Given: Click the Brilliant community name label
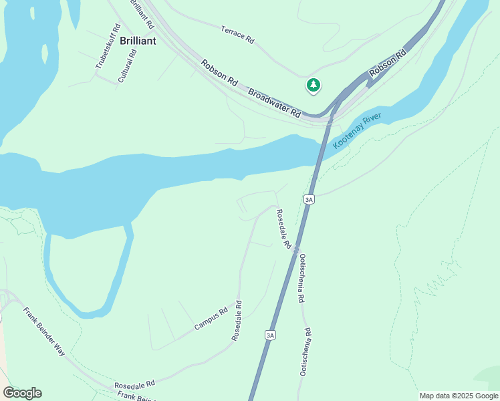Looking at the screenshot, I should pyautogui.click(x=138, y=41).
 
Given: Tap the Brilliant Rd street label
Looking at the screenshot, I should pyautogui.click(x=142, y=14).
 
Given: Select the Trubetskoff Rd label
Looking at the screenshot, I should pyautogui.click(x=108, y=47).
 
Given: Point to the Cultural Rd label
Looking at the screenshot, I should pyautogui.click(x=127, y=65).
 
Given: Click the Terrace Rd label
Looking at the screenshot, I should pyautogui.click(x=237, y=35).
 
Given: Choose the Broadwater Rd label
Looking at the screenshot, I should pyautogui.click(x=274, y=104).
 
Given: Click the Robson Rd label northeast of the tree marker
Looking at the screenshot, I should pyautogui.click(x=388, y=62).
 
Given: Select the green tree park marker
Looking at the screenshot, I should pyautogui.click(x=313, y=85).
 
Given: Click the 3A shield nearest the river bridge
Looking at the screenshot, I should pyautogui.click(x=308, y=199).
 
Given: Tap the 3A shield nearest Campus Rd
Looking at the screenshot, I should pyautogui.click(x=270, y=335).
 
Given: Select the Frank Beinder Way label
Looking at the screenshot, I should pyautogui.click(x=44, y=331).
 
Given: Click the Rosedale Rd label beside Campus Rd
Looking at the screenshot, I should pyautogui.click(x=237, y=321).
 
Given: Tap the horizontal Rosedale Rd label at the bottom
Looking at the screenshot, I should pyautogui.click(x=134, y=384).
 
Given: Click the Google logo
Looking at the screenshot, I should pyautogui.click(x=22, y=393).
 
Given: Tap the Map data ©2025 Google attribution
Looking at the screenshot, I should pyautogui.click(x=458, y=396).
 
